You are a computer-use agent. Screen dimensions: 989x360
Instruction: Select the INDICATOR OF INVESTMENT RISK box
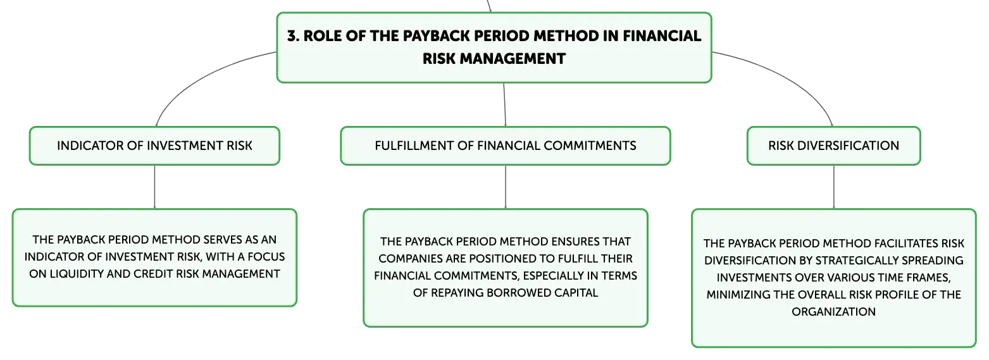154,146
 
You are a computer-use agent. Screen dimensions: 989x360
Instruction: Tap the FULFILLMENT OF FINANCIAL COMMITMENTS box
506,146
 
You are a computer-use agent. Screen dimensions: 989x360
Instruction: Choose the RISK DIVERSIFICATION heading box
833,146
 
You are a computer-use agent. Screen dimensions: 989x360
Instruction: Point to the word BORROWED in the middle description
512,293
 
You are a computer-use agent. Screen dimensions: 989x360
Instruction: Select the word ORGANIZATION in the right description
833,312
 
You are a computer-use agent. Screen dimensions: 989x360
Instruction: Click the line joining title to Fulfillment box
505,104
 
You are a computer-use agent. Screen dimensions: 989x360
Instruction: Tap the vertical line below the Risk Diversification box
833,187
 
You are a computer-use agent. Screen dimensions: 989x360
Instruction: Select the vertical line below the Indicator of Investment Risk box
154,187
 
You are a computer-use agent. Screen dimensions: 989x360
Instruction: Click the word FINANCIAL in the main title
662,36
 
